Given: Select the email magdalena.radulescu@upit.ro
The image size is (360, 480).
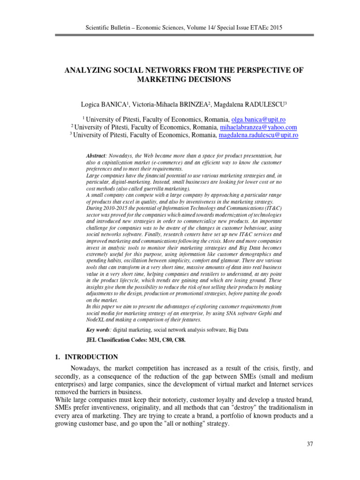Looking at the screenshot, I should click(x=257, y=135).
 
